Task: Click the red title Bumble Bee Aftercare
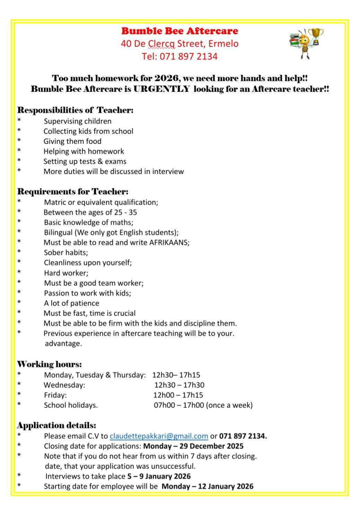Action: (x=180, y=31)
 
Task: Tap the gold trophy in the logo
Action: (x=316, y=35)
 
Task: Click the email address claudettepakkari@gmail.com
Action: (x=159, y=436)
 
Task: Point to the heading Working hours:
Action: (x=50, y=364)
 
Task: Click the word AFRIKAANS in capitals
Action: (x=169, y=242)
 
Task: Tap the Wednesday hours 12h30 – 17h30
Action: (x=179, y=385)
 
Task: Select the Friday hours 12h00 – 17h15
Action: (x=178, y=395)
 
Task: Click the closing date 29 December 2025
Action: (x=212, y=446)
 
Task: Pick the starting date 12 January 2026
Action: (x=225, y=486)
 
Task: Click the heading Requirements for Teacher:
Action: (x=73, y=191)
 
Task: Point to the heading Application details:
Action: (x=57, y=425)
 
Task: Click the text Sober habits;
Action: (x=66, y=253)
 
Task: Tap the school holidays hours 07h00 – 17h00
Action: (x=179, y=405)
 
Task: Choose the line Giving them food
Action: (x=72, y=141)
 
